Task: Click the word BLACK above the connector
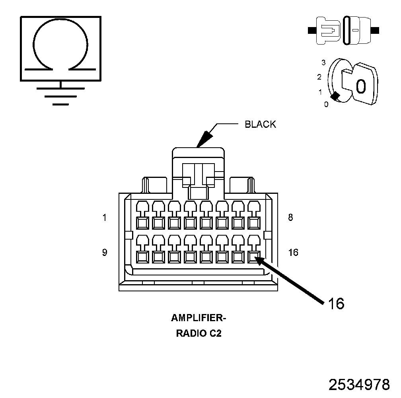[260, 124]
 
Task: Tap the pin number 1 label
[104, 218]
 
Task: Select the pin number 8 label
[290, 218]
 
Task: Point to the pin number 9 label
[104, 252]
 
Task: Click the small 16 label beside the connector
[293, 252]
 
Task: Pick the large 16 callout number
[336, 304]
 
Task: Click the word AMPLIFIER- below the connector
[199, 318]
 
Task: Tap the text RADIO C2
[199, 334]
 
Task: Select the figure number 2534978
[359, 385]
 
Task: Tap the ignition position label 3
[324, 62]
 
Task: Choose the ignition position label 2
[319, 76]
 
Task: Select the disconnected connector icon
[345, 30]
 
